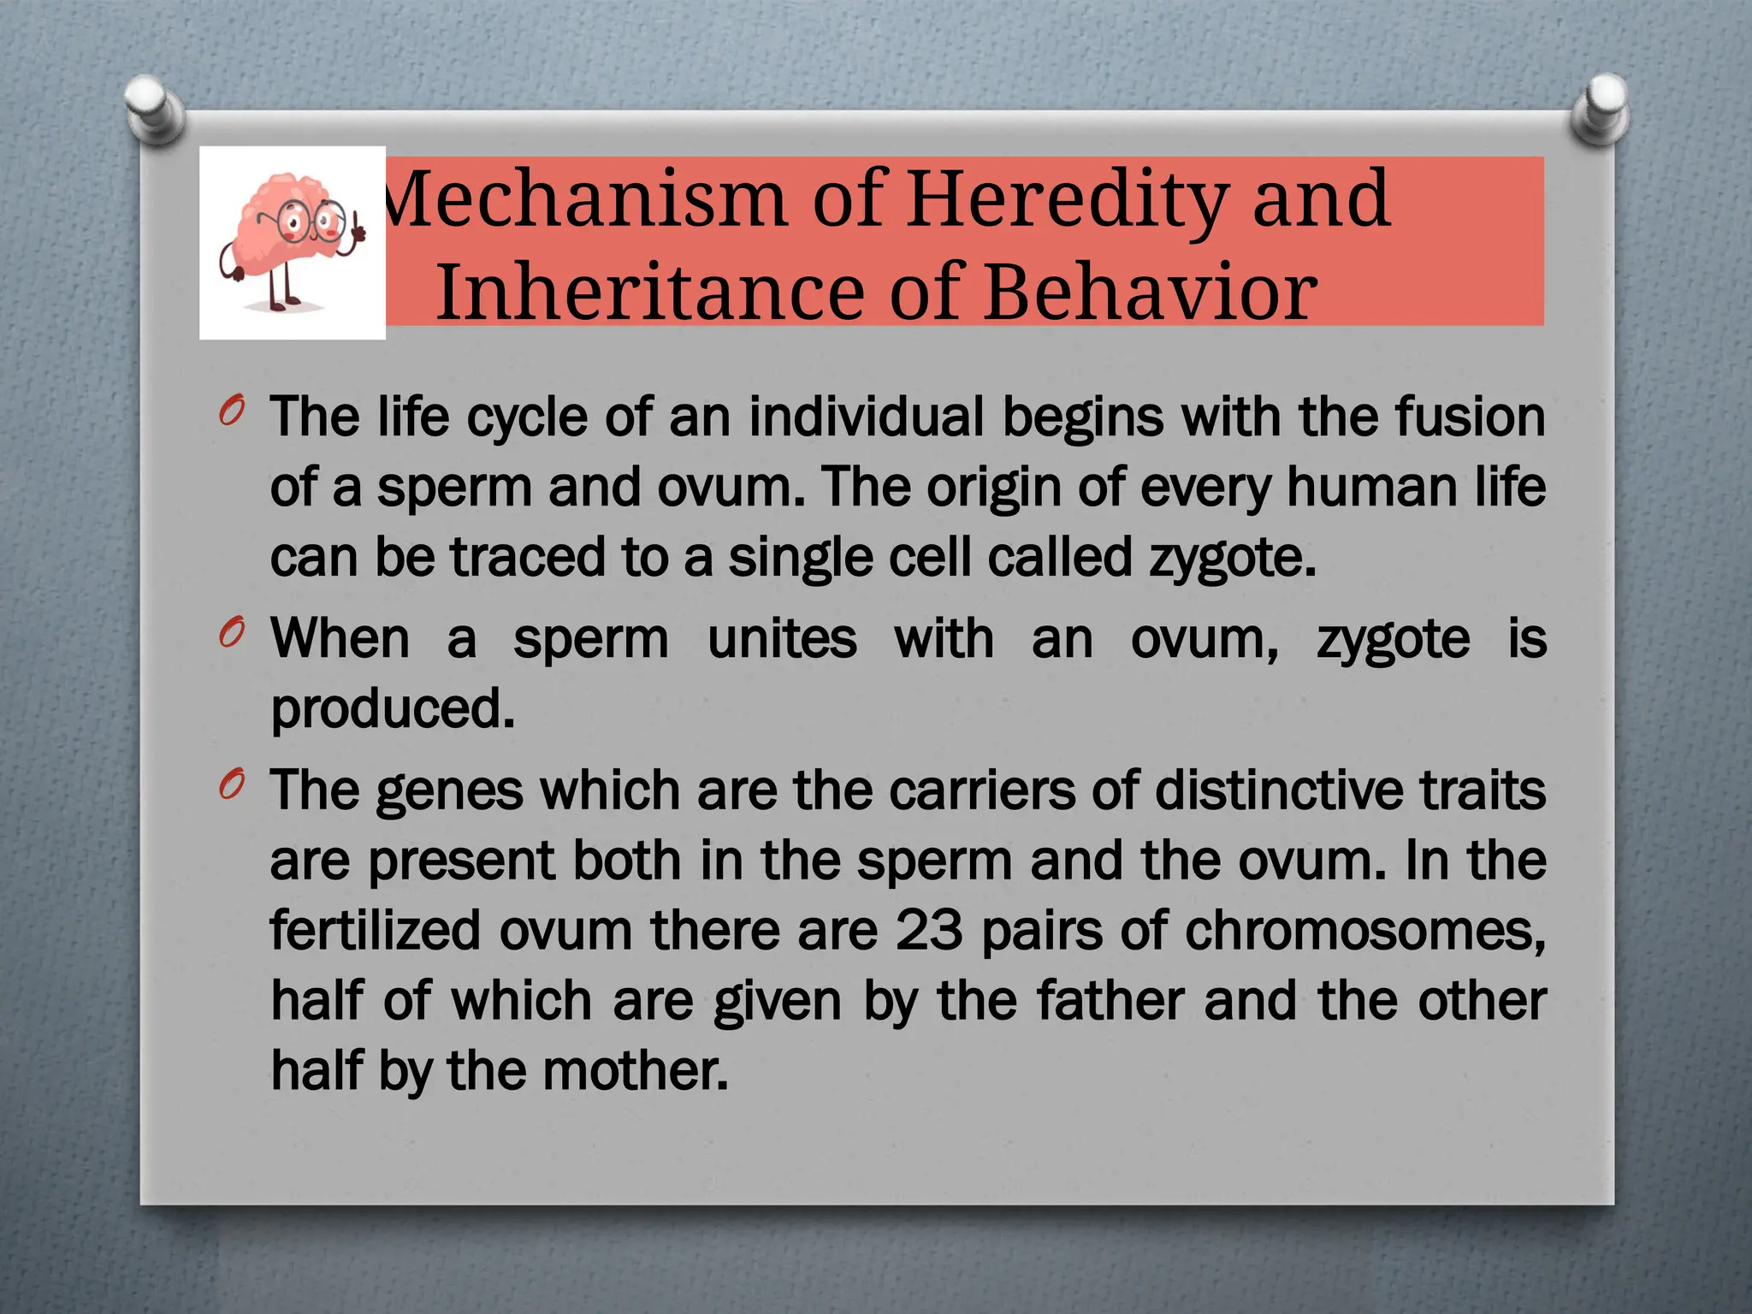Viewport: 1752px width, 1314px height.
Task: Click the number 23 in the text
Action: click(929, 930)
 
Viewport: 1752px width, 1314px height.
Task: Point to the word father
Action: click(1110, 1000)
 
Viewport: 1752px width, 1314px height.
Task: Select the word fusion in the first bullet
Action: click(1469, 417)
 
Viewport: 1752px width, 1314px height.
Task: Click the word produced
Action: click(393, 709)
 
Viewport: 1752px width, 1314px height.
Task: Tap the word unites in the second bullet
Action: click(782, 639)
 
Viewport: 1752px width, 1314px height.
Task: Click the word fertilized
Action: click(376, 930)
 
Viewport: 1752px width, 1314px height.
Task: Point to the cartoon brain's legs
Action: click(282, 290)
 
